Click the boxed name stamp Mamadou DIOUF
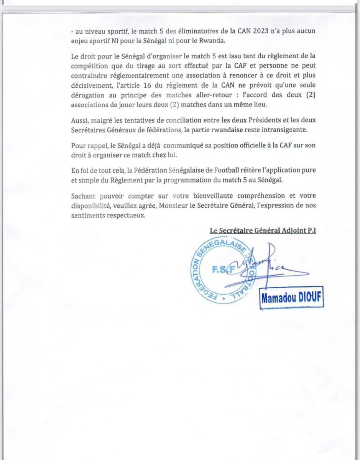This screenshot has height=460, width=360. pos(291,297)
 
